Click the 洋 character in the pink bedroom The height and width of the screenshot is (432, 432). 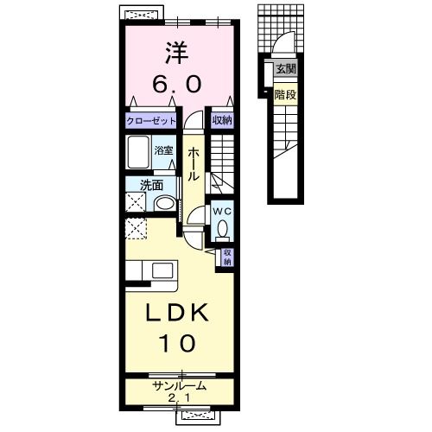click(x=176, y=53)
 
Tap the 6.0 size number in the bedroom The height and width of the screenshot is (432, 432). click(x=176, y=84)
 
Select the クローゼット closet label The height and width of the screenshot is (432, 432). click(x=151, y=121)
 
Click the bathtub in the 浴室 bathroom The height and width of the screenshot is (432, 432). click(x=138, y=152)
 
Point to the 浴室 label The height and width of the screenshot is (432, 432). click(x=163, y=150)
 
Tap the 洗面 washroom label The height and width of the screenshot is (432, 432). click(x=151, y=186)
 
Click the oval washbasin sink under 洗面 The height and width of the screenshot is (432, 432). click(x=164, y=204)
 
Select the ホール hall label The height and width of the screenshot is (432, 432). click(x=193, y=164)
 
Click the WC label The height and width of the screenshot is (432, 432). click(x=222, y=212)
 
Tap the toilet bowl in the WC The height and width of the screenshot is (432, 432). click(x=222, y=229)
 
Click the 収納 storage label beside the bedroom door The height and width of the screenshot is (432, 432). click(x=222, y=120)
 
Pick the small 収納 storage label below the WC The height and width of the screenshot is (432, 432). click(x=227, y=257)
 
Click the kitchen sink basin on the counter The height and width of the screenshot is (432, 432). click(x=162, y=270)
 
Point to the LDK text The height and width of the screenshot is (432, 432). click(x=177, y=313)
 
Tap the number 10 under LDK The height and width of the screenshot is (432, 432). click(x=178, y=343)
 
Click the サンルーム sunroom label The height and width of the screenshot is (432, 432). click(x=180, y=385)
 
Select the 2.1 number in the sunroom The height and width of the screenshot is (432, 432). click(x=179, y=398)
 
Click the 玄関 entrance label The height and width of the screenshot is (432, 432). click(x=285, y=69)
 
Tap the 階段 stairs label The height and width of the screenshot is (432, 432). click(x=285, y=94)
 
